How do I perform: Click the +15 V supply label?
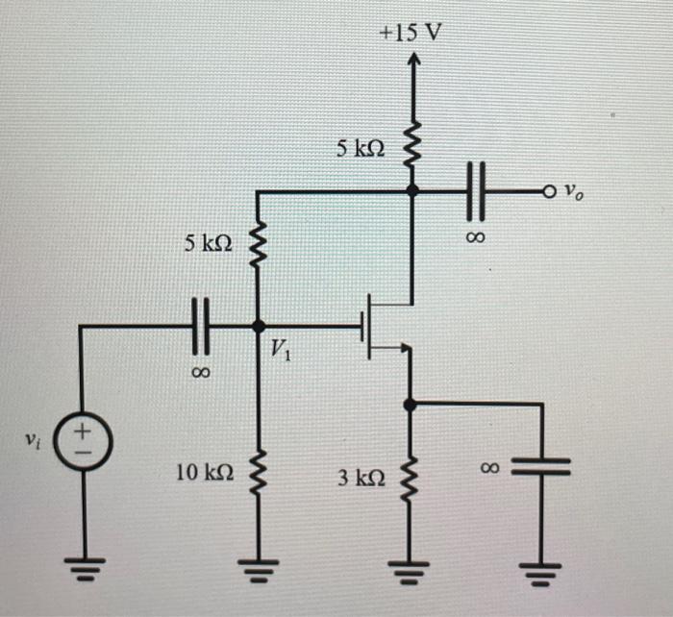coord(411,33)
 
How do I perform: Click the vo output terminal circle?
coord(549,192)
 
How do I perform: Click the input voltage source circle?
coord(82,442)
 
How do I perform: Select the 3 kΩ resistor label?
coord(361,476)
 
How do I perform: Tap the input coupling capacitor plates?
coord(200,326)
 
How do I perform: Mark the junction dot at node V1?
coord(258,326)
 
